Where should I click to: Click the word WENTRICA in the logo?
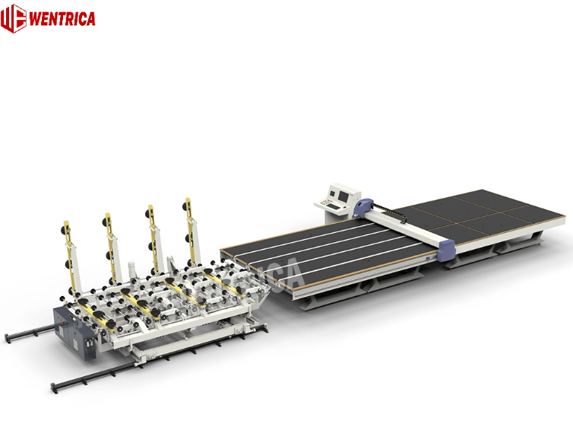coord(62,19)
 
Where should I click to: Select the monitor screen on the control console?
coord(338,193)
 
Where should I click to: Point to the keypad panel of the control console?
coord(326,203)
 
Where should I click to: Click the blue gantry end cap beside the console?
coord(366,206)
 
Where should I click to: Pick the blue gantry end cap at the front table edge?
coord(446,249)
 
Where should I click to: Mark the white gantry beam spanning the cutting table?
coord(407,227)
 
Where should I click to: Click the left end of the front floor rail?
coord(55,384)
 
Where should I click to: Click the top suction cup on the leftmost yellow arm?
coord(65,228)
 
